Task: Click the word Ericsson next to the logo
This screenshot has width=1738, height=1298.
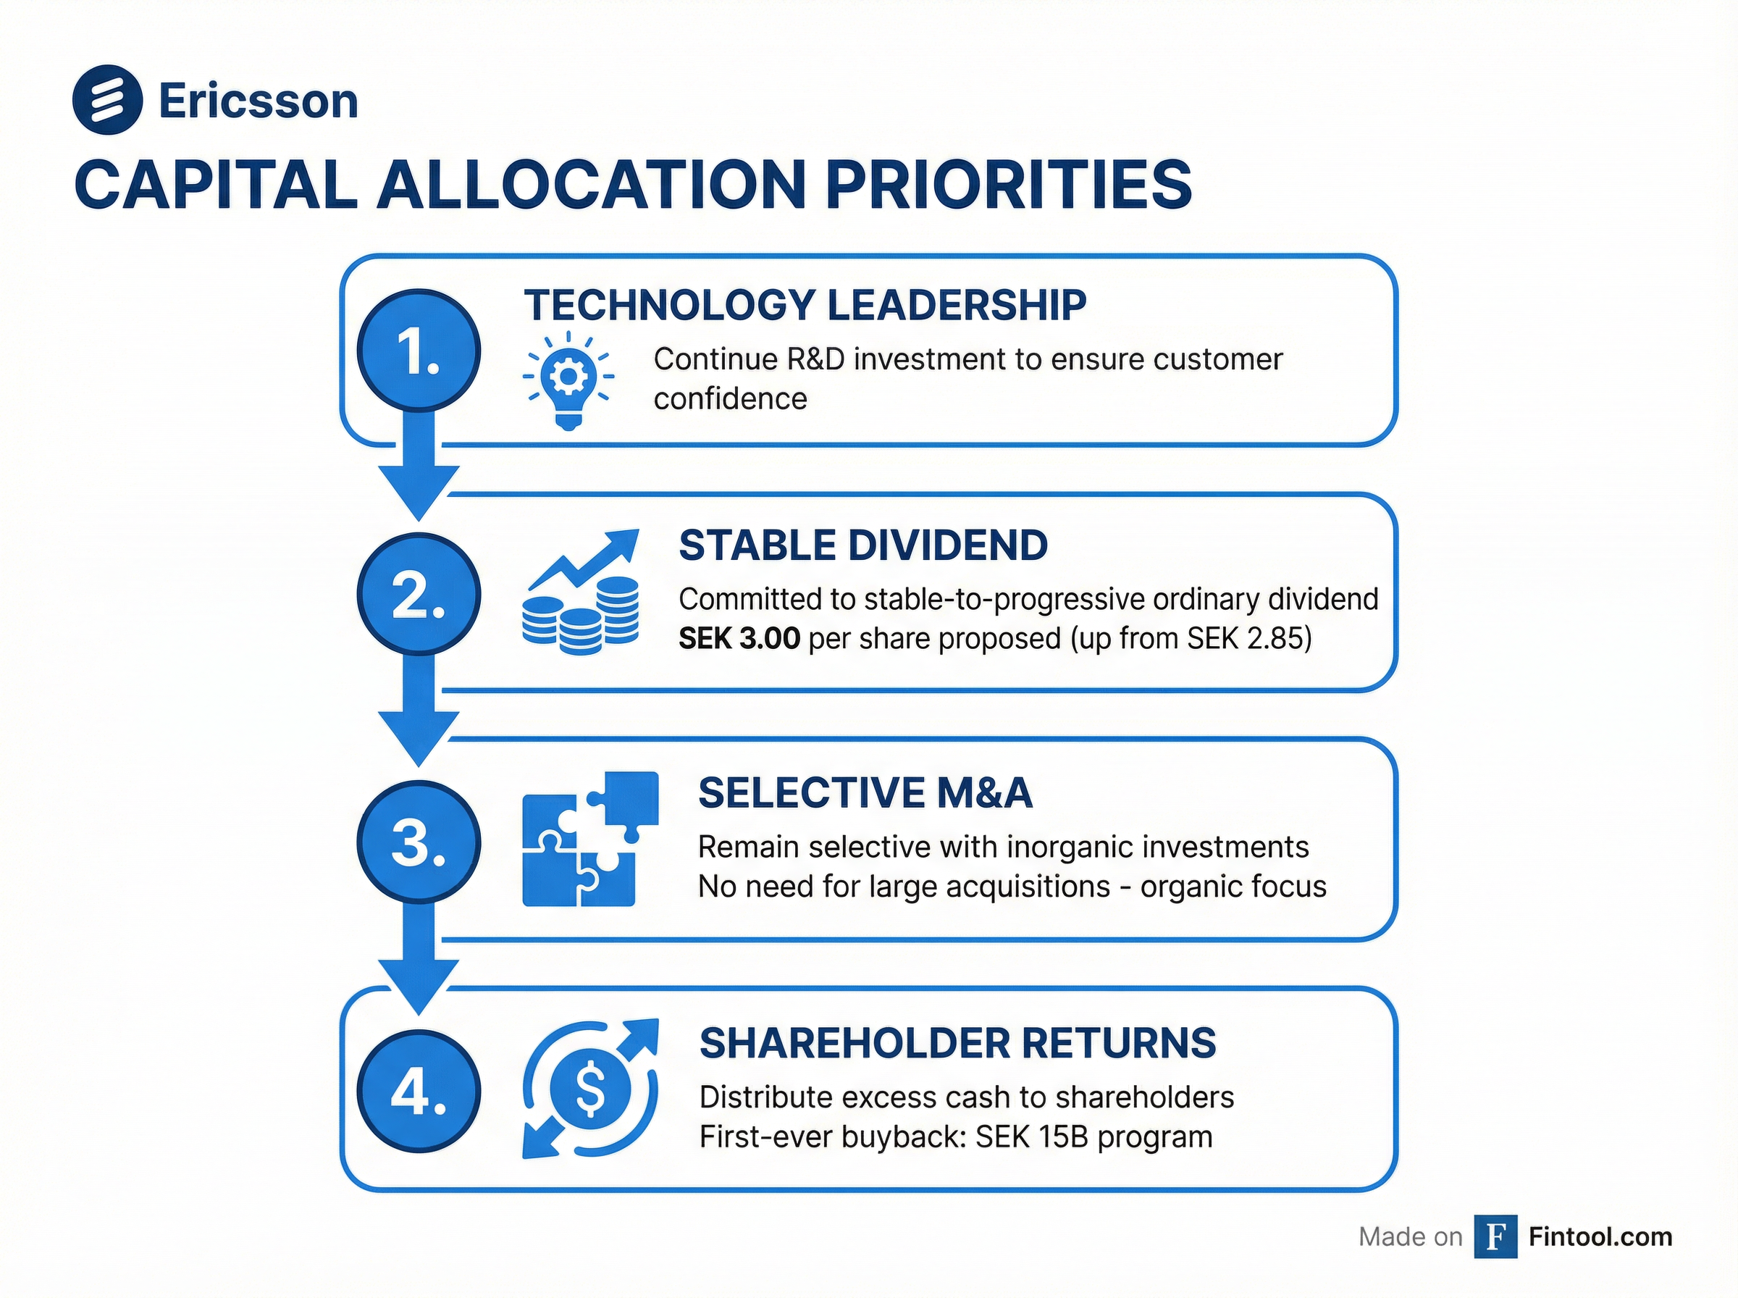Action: point(258,101)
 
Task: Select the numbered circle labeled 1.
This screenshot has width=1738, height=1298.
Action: point(419,351)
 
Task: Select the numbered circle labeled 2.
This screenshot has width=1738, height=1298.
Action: point(419,595)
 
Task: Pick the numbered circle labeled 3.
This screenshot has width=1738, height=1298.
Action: point(419,842)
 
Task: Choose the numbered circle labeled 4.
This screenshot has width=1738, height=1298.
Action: point(419,1091)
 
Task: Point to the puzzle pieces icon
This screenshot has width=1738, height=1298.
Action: point(589,839)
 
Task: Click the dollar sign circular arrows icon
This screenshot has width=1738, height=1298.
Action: point(591,1089)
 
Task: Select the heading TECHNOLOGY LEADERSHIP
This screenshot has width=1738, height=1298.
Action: point(805,306)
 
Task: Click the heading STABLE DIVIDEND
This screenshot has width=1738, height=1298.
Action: point(862,545)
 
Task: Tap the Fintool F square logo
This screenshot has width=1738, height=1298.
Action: point(1495,1236)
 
